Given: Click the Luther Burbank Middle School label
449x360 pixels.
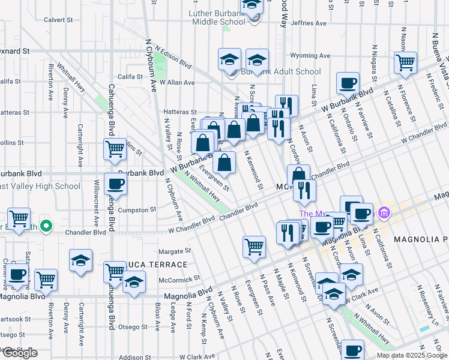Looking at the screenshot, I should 217,17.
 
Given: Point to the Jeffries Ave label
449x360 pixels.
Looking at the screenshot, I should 308,23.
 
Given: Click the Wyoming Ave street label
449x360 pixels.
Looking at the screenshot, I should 310,56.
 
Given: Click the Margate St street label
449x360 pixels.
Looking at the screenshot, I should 174,251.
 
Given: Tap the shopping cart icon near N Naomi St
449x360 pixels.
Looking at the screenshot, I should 406,62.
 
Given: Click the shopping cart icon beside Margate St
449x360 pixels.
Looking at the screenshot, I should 254,245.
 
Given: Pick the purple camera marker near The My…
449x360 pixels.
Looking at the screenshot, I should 384,212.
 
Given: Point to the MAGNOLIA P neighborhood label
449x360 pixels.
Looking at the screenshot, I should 421,239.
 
